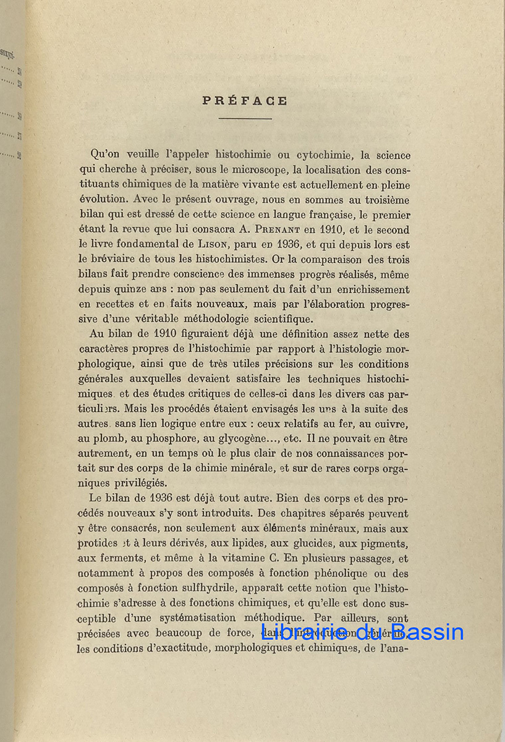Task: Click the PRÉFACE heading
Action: (x=245, y=101)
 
